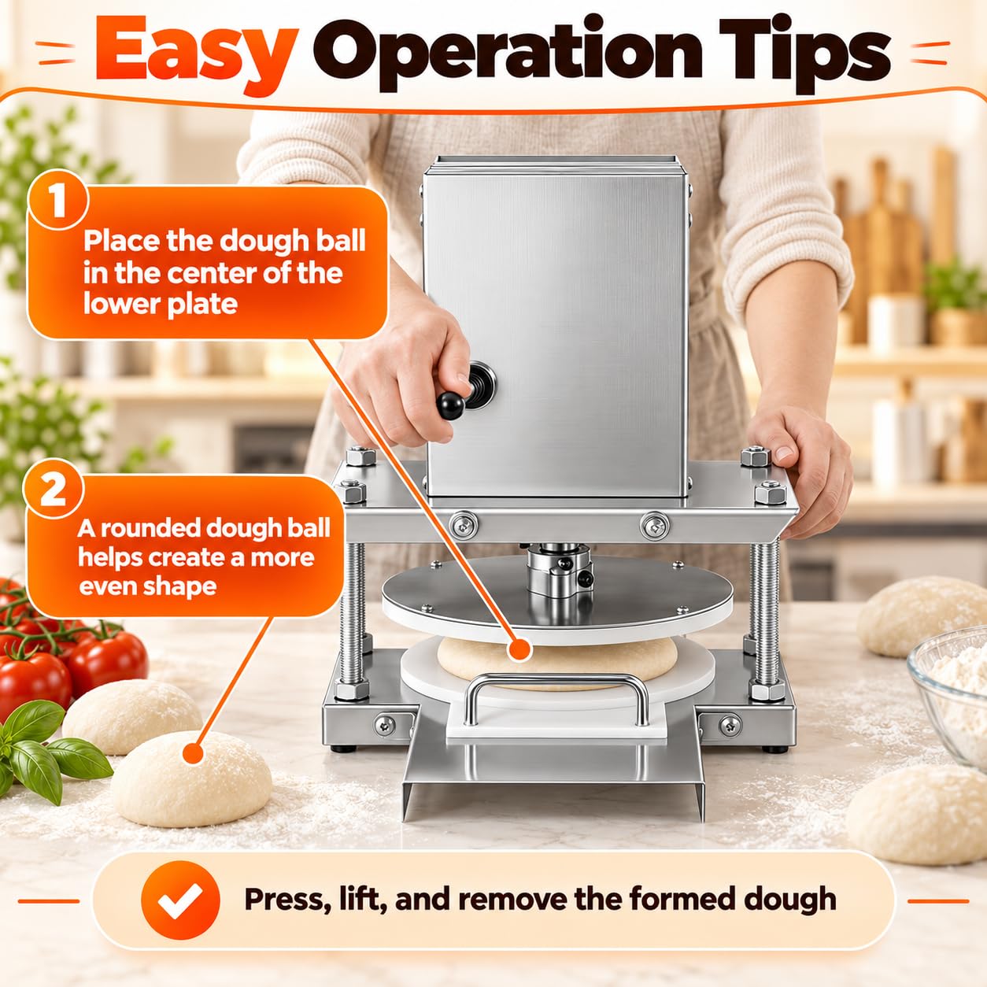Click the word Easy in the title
pyautogui.click(x=196, y=55)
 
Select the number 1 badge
pyautogui.click(x=58, y=200)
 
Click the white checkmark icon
pyautogui.click(x=180, y=900)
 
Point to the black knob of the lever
pyautogui.click(x=451, y=406)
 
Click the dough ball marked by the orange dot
pyautogui.click(x=191, y=779)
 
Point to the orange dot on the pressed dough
pyautogui.click(x=519, y=649)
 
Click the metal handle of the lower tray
pyautogui.click(x=557, y=686)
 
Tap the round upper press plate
pyautogui.click(x=557, y=604)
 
